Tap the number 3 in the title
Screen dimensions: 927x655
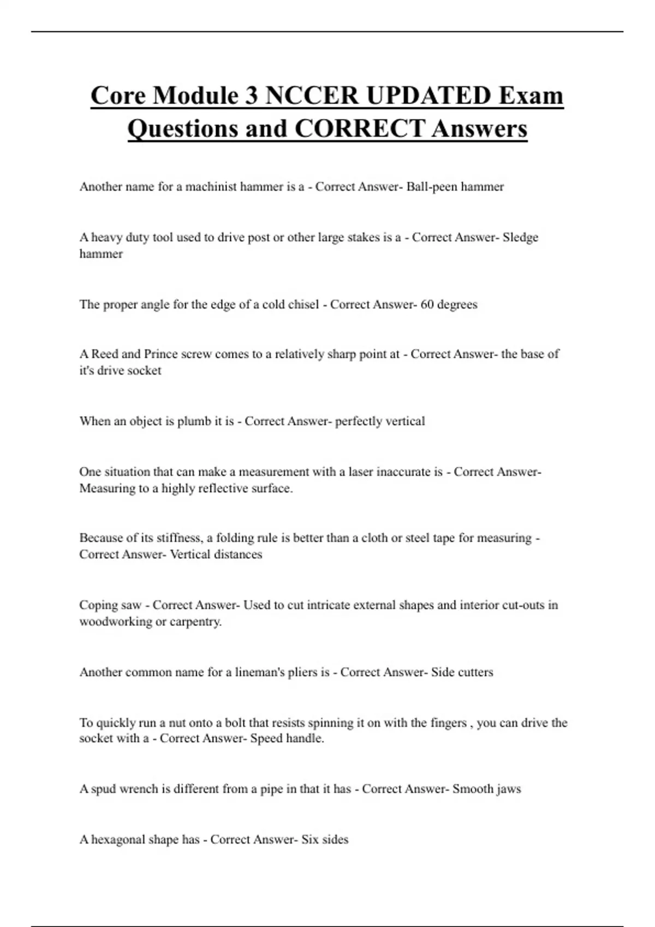252,95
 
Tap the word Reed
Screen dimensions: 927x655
104,354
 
